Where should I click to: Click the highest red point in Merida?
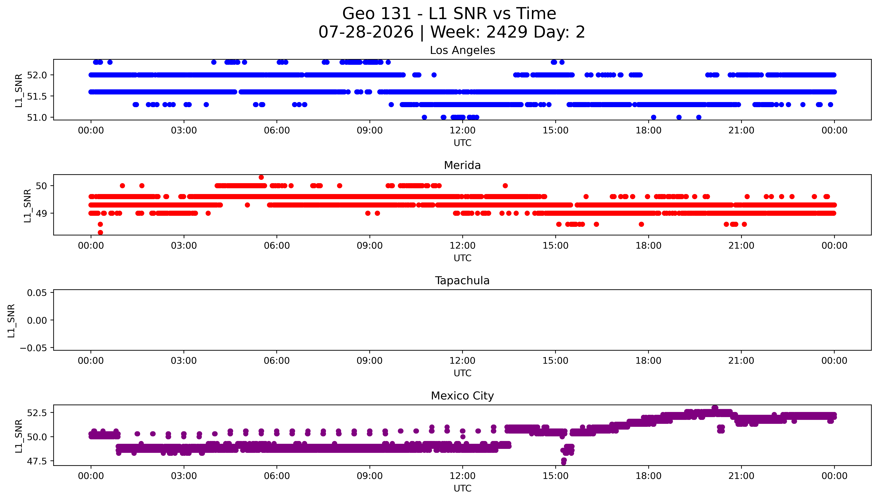pyautogui.click(x=261, y=177)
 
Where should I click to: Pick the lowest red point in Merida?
pyautogui.click(x=100, y=232)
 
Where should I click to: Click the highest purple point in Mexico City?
pyautogui.click(x=715, y=408)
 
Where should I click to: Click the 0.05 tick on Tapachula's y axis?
pyautogui.click(x=37, y=293)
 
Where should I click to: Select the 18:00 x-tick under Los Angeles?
pyautogui.click(x=648, y=131)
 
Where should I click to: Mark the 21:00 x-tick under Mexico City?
pyautogui.click(x=741, y=476)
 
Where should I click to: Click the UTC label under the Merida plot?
pyautogui.click(x=462, y=258)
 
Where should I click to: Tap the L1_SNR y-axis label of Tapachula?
pyautogui.click(x=11, y=320)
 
